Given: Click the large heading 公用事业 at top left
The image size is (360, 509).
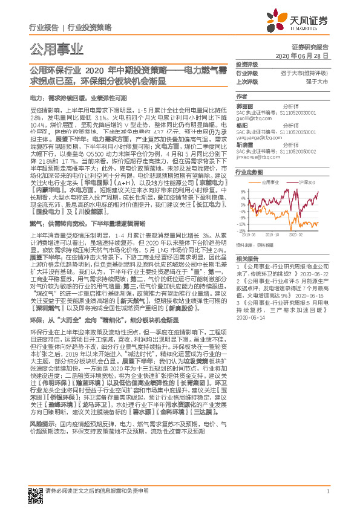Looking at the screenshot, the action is pyautogui.click(x=56, y=49).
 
